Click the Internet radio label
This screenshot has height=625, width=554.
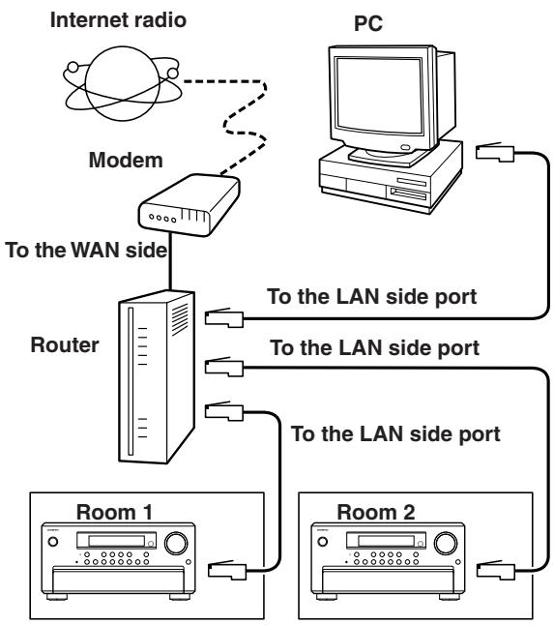point(118,20)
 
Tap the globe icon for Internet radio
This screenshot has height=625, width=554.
point(122,84)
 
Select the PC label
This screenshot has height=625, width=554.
point(368,23)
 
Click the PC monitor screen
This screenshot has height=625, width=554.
point(378,97)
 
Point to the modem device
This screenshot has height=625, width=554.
point(189,205)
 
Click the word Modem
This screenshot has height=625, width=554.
point(126,161)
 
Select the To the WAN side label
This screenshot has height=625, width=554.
point(86,251)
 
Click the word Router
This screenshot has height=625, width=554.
point(65,344)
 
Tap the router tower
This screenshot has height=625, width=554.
point(157,376)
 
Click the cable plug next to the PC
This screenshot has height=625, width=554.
point(495,153)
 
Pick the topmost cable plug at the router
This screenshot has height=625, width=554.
point(224,318)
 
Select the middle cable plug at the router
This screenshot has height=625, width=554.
point(224,367)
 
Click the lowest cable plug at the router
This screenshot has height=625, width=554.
point(224,411)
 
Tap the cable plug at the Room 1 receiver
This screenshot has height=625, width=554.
point(227,570)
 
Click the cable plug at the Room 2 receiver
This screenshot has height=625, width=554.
point(496,570)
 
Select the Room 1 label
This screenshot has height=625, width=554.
point(114,512)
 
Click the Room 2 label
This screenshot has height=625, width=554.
point(376,512)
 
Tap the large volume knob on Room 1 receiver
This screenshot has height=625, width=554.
point(176,543)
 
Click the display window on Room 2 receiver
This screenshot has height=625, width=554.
point(386,541)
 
